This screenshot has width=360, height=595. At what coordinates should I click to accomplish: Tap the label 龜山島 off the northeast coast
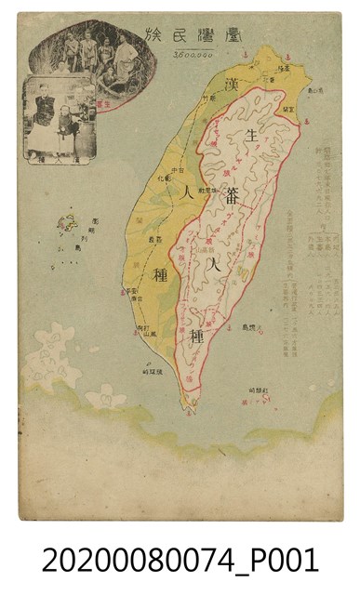313,89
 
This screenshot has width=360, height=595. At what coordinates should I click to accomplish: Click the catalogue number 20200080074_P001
180,561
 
